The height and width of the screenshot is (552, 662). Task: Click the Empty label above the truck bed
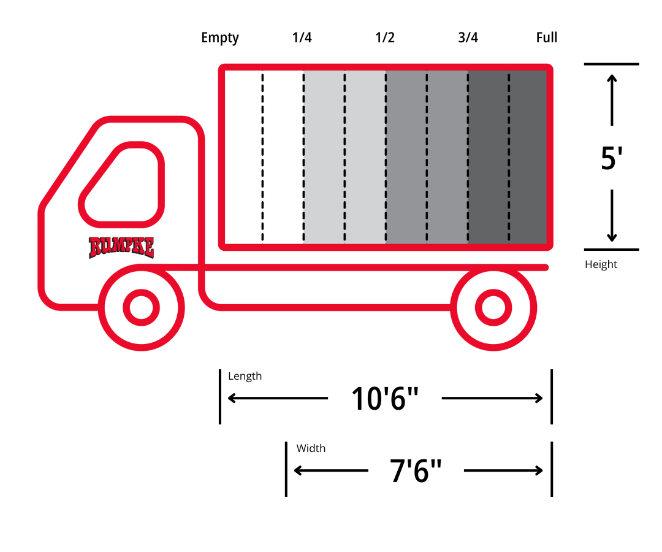(220, 38)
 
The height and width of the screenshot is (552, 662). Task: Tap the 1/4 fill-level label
(302, 37)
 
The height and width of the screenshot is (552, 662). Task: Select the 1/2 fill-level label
(384, 37)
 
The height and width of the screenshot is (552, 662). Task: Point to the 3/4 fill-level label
(468, 37)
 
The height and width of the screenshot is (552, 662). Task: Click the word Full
(547, 37)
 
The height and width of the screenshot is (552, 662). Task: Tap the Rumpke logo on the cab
(121, 248)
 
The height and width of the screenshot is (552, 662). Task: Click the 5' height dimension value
(612, 158)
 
